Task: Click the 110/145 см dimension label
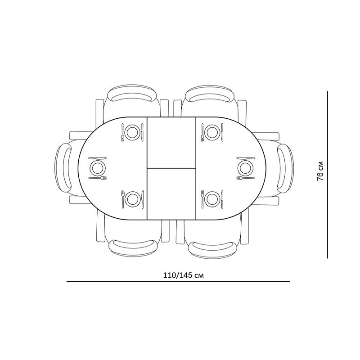pyautogui.click(x=184, y=275)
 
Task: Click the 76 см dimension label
pyautogui.click(x=320, y=171)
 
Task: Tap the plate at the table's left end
pyautogui.click(x=98, y=168)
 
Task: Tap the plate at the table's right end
pyautogui.click(x=246, y=168)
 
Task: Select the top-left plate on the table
pyautogui.click(x=132, y=132)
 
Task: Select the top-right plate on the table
pyautogui.click(x=212, y=132)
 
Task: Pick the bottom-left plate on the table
pyautogui.click(x=132, y=199)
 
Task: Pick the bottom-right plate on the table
pyautogui.click(x=212, y=199)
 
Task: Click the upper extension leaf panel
pyautogui.click(x=171, y=142)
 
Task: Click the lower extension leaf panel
pyautogui.click(x=171, y=193)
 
